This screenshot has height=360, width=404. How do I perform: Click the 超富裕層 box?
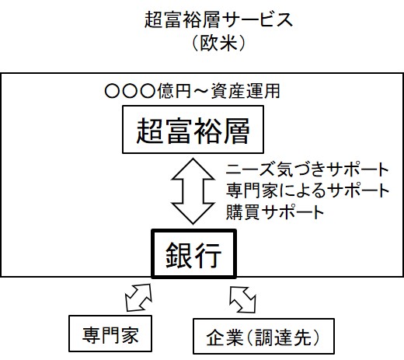193,129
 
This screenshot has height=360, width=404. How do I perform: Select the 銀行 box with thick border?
193,253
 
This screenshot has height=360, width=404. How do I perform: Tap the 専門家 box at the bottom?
110,334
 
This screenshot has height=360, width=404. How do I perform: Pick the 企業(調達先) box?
263,336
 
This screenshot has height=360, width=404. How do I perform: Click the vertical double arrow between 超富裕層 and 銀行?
193,191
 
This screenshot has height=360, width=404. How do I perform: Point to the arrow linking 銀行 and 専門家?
138,297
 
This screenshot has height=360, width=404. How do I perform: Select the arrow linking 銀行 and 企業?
242,299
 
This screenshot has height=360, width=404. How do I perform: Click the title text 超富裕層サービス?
218,20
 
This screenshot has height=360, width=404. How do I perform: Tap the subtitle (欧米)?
219,43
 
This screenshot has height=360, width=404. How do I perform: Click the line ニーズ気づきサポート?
308,170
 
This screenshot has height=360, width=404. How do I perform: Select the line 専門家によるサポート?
308,190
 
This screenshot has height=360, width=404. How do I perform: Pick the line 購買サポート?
275,211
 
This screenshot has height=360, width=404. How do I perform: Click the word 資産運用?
246,91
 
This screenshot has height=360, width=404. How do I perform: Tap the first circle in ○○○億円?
113,91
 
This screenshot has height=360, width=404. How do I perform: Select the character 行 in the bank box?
208,255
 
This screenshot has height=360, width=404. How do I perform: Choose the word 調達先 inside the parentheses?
283,337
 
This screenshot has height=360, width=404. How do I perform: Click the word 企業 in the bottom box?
225,337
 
